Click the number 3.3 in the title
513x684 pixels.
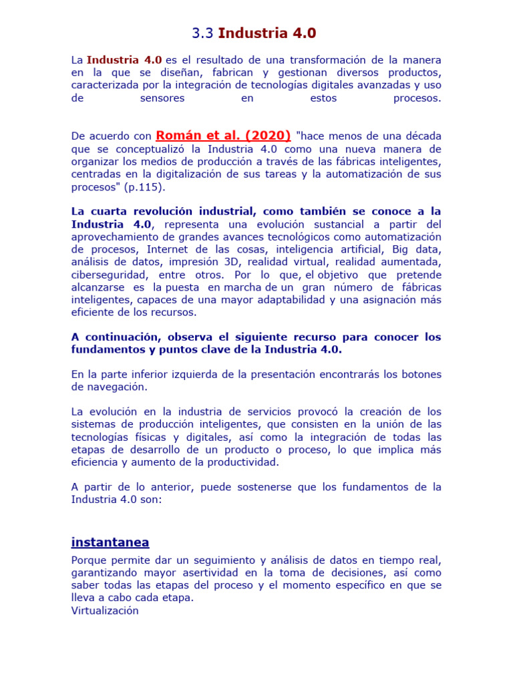[202, 33]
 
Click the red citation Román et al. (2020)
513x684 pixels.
[223, 136]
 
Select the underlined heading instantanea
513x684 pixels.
[110, 542]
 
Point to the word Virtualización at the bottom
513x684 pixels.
[105, 611]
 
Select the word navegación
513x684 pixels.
[118, 387]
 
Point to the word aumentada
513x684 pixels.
[415, 262]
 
